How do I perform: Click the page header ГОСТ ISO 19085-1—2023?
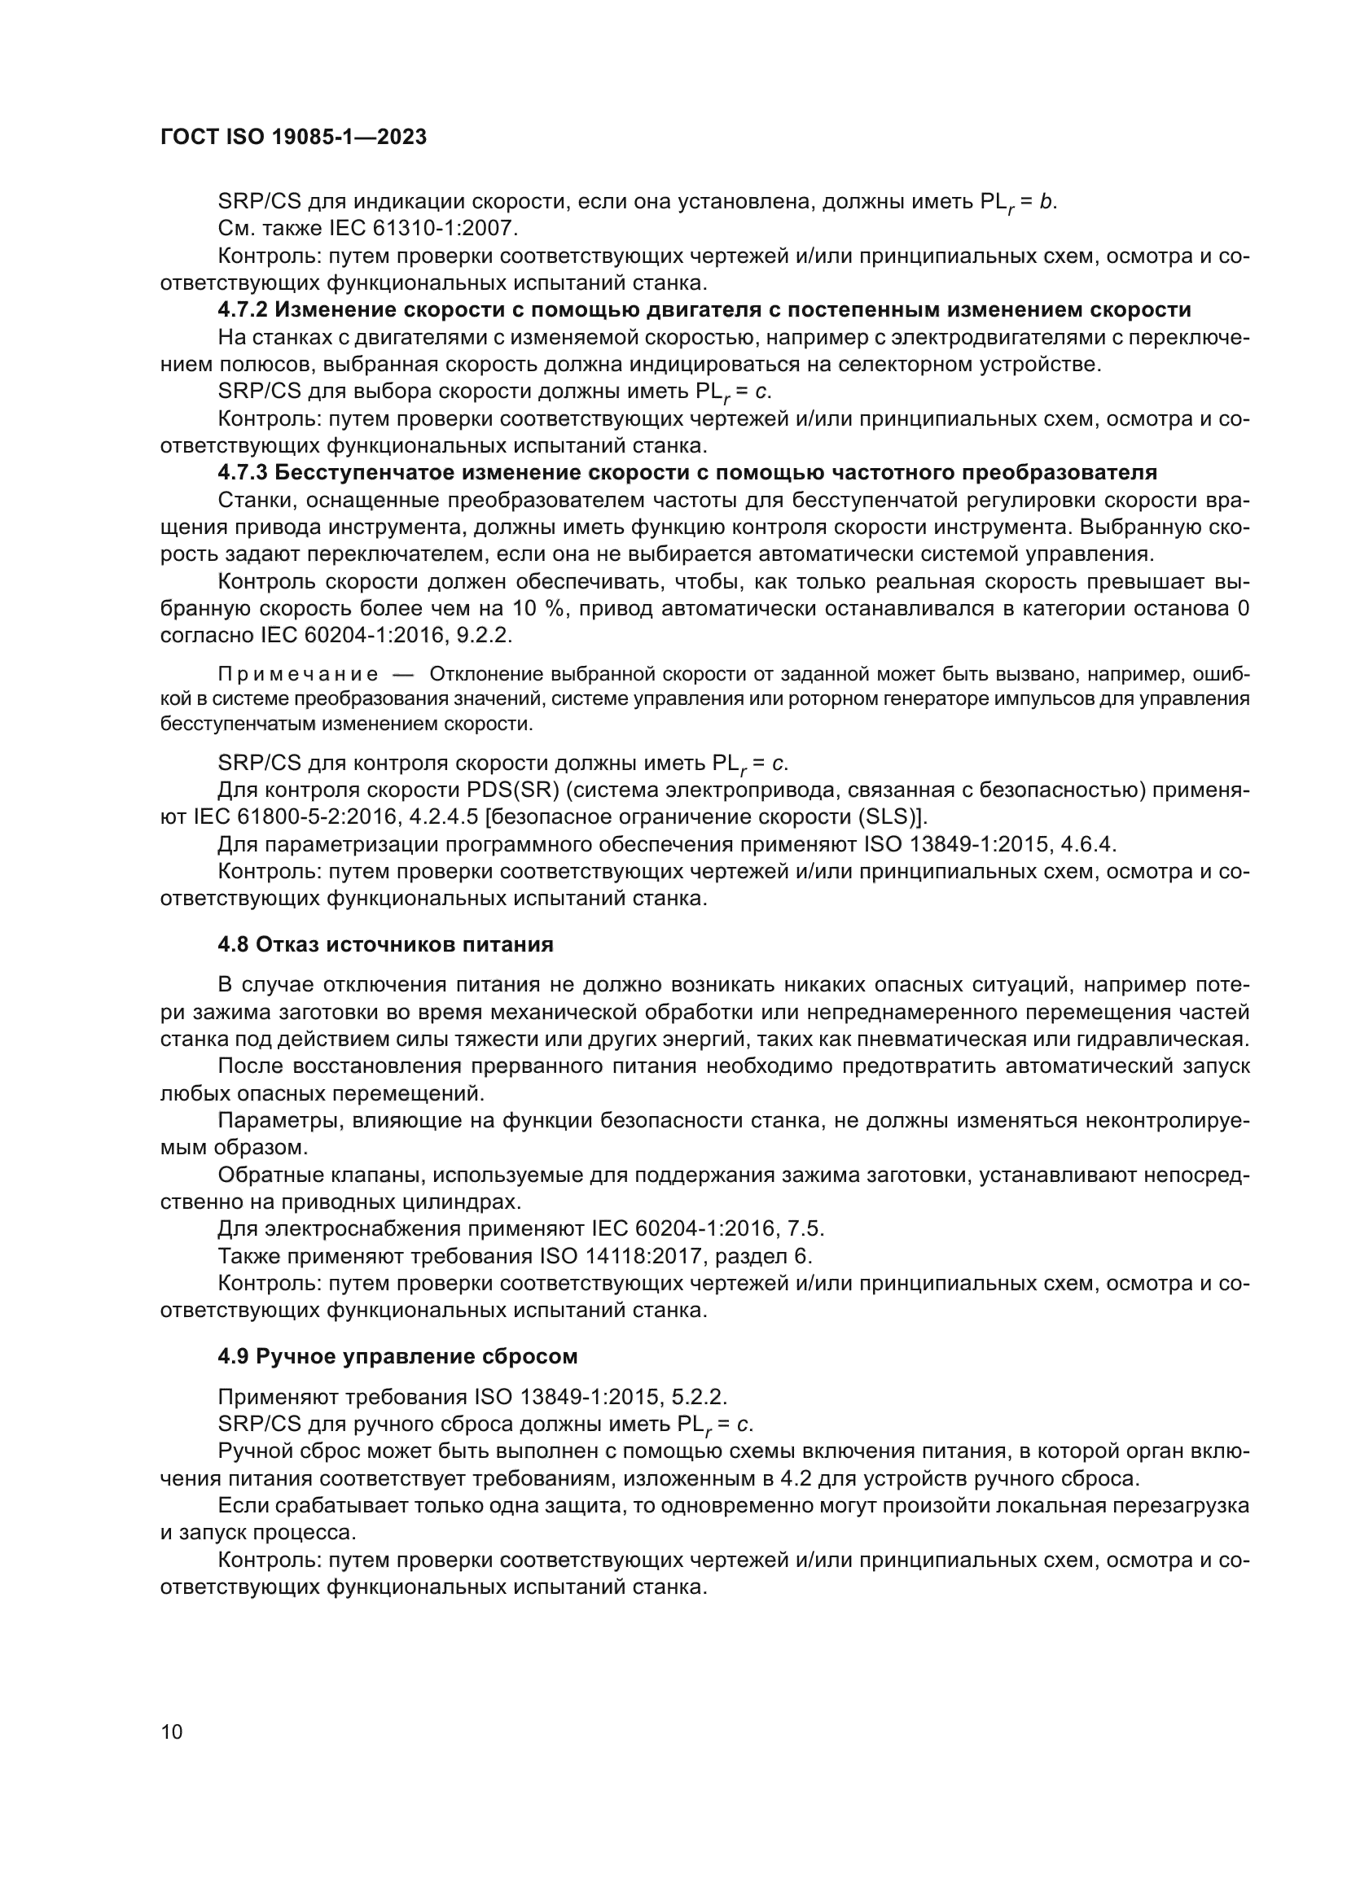pyautogui.click(x=293, y=137)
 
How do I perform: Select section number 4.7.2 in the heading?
pyautogui.click(x=243, y=310)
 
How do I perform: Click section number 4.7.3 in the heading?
pyautogui.click(x=243, y=473)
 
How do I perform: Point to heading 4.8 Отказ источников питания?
pyautogui.click(x=386, y=943)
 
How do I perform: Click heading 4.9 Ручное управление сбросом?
pyautogui.click(x=397, y=1356)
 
